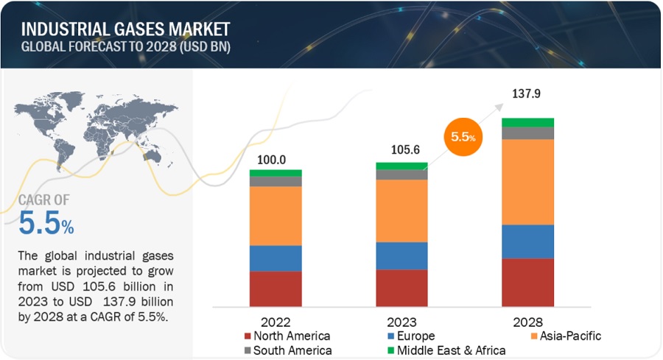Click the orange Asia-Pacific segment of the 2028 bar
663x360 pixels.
(527, 182)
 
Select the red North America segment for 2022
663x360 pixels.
(276, 289)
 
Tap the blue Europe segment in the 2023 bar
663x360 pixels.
(401, 255)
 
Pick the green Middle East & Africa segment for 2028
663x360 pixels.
(527, 122)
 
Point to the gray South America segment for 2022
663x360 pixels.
(276, 181)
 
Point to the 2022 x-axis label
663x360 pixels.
(276, 322)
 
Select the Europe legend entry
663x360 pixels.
(413, 336)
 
